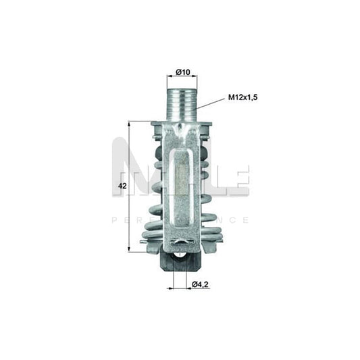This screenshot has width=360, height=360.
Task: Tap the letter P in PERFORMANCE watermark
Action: point(113,220)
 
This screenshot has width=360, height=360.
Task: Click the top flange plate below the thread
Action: point(180,125)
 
